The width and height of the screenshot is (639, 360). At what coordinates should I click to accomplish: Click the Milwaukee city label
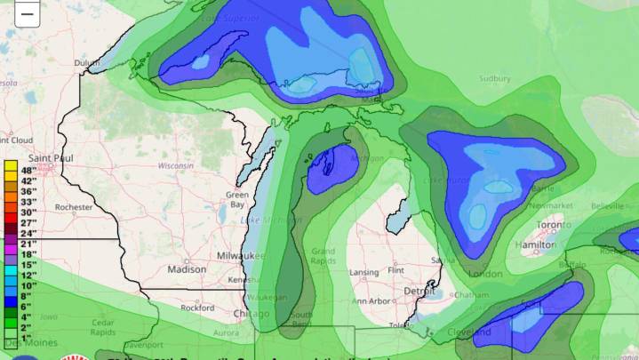point(240,256)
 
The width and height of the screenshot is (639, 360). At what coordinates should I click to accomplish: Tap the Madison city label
point(186,269)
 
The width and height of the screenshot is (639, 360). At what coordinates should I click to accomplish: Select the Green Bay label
point(236,199)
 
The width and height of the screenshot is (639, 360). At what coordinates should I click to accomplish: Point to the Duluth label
point(87,62)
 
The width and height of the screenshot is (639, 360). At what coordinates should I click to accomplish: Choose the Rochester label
point(73,207)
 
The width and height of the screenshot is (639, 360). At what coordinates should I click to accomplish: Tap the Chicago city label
point(251,314)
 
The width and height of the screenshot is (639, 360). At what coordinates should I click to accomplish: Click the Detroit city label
point(419,291)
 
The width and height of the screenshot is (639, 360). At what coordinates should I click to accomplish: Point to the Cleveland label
point(469,332)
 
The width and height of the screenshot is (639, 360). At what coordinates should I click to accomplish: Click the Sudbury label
point(495,78)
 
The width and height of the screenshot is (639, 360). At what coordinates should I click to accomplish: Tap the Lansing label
point(364,272)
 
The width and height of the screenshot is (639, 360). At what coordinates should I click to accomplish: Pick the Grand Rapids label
point(323,256)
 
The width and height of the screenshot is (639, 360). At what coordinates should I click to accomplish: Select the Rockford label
point(197,308)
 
